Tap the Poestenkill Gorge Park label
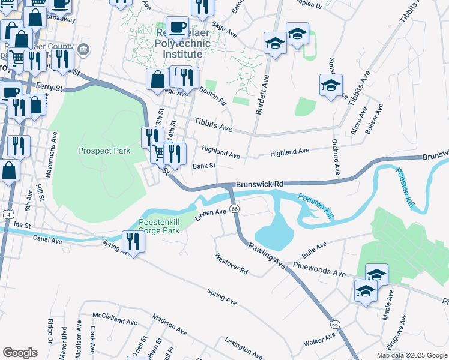(160, 226)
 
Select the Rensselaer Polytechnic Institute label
(182, 44)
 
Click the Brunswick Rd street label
(259, 184)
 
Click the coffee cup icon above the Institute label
(176, 27)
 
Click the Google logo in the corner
(19, 353)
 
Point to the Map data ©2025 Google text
(412, 355)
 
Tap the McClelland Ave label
(115, 314)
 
